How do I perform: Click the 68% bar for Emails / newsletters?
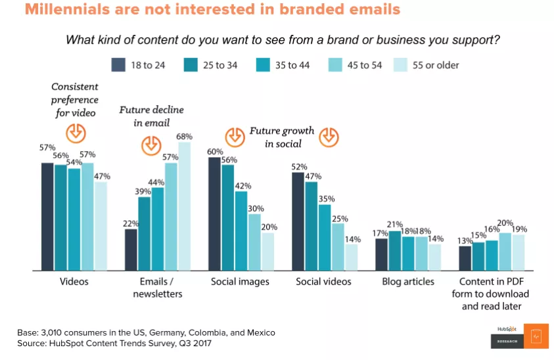(184, 206)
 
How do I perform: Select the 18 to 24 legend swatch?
(118, 64)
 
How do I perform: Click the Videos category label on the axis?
(73, 282)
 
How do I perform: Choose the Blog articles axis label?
(408, 282)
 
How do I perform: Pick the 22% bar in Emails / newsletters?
(131, 250)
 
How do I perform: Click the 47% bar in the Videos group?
(101, 226)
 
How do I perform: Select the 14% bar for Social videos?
(352, 257)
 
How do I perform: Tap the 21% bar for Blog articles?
(395, 250)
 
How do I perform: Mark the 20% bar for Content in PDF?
(506, 251)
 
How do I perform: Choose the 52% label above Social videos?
(299, 166)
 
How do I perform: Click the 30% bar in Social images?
(254, 242)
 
